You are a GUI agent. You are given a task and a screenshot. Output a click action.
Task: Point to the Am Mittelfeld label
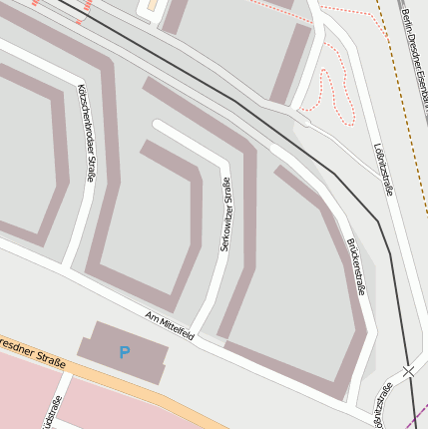point(170,329)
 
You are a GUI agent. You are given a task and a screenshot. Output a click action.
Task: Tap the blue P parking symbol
point(124,352)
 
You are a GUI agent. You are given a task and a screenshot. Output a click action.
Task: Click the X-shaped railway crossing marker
point(407,372)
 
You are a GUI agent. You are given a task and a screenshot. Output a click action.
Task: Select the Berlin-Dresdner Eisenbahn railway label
point(414,50)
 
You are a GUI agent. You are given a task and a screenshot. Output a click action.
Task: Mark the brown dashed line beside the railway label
point(391,60)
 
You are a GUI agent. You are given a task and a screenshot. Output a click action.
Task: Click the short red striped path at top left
point(84,10)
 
